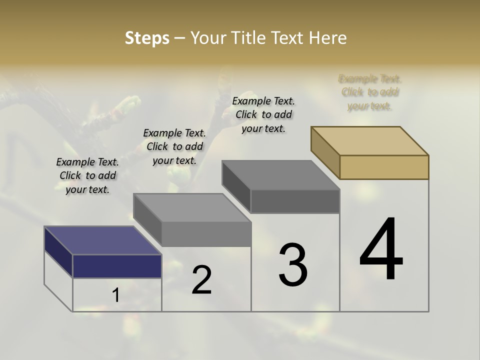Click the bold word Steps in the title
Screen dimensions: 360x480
pyautogui.click(x=147, y=38)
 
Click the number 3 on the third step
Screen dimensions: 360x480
pyautogui.click(x=293, y=265)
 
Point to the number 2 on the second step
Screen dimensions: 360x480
pyautogui.click(x=202, y=280)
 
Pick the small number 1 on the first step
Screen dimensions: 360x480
pyautogui.click(x=116, y=295)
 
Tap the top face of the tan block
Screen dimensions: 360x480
pyautogui.click(x=370, y=140)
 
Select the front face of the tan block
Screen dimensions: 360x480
pyautogui.click(x=384, y=167)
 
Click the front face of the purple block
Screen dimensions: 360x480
pyautogui.click(x=117, y=266)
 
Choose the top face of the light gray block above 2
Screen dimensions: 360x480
pyautogui.click(x=192, y=207)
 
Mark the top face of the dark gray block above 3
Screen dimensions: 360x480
pyautogui.click(x=280, y=175)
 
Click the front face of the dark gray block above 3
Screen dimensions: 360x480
pyautogui.click(x=295, y=201)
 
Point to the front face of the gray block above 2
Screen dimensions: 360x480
pyautogui.click(x=206, y=234)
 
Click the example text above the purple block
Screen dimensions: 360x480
pyautogui.click(x=87, y=175)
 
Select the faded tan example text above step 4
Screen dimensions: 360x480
pyautogui.click(x=369, y=92)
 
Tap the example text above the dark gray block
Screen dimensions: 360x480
pyautogui.click(x=263, y=114)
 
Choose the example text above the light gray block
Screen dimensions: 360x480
pyautogui.click(x=174, y=146)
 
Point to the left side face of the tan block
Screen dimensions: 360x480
pyautogui.click(x=325, y=152)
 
